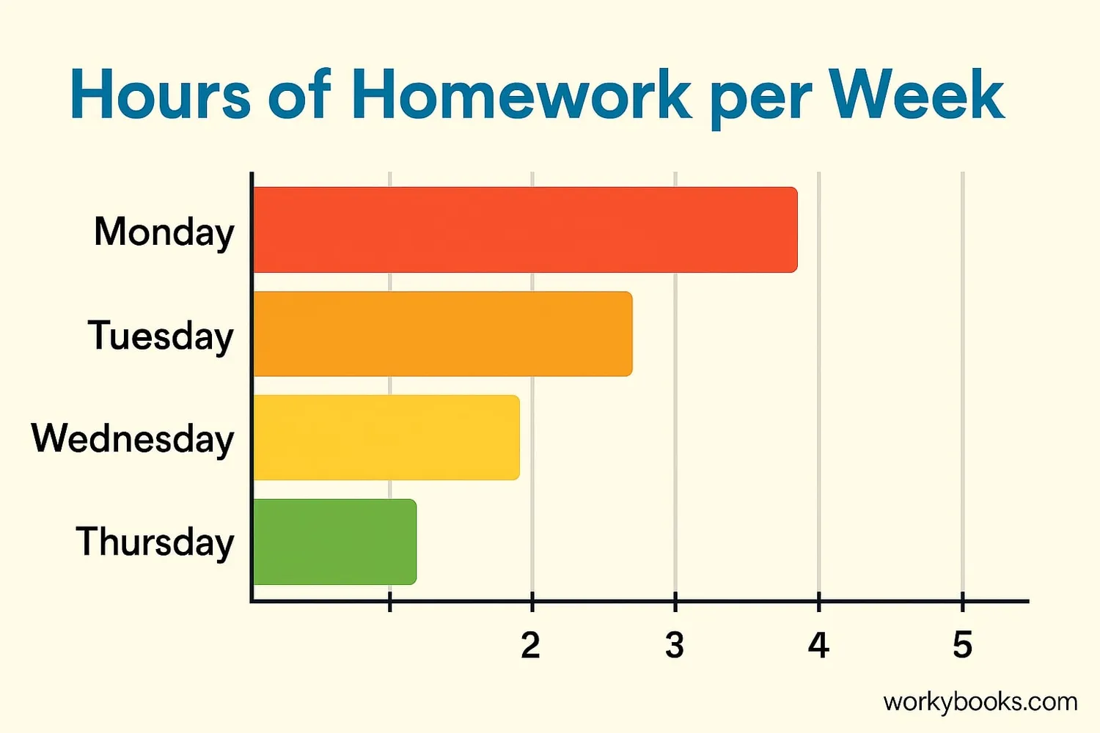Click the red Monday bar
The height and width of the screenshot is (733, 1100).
click(526, 229)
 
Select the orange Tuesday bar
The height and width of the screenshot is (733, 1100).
click(443, 334)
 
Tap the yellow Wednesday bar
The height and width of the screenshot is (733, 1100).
click(386, 438)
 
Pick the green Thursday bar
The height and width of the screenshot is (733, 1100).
click(335, 542)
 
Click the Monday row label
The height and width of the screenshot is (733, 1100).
click(164, 232)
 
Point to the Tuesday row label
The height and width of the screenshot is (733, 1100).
click(161, 336)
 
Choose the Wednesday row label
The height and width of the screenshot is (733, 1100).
click(133, 438)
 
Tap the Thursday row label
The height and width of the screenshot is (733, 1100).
click(155, 542)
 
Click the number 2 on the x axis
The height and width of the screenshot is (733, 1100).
click(531, 645)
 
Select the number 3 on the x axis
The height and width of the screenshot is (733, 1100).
click(675, 645)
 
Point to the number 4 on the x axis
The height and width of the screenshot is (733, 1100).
click(818, 645)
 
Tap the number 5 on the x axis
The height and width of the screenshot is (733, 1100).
click(962, 645)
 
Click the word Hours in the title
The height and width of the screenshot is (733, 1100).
click(161, 94)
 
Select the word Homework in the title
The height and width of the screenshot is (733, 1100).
click(521, 94)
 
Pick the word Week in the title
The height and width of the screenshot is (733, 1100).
click(917, 94)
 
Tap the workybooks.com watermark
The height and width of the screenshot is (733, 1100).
click(980, 702)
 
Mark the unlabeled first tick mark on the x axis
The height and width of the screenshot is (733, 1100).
click(390, 601)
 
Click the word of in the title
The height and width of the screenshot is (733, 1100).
click(300, 94)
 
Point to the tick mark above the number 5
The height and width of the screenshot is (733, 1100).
click(962, 601)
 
